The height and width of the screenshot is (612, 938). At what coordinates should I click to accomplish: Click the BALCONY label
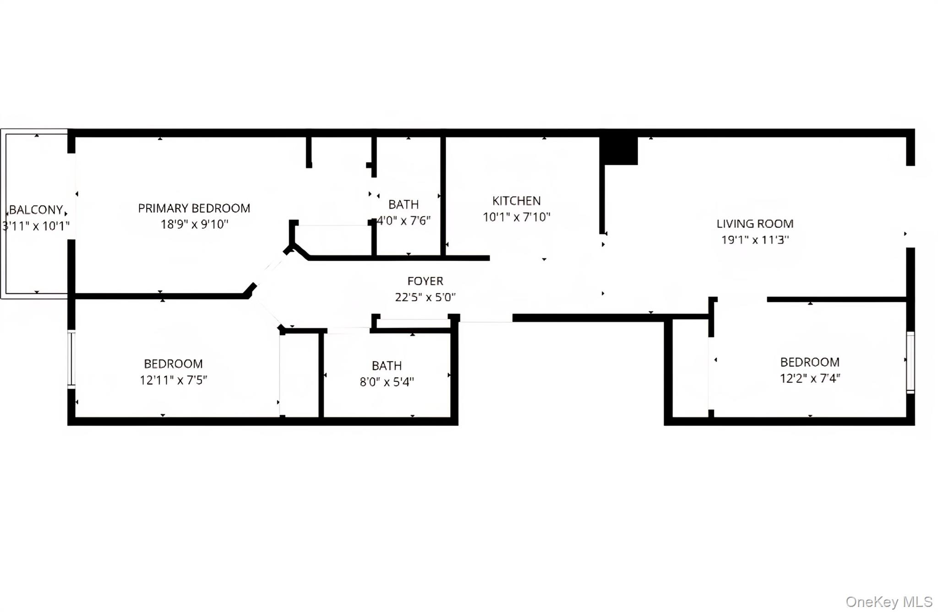tap(36, 210)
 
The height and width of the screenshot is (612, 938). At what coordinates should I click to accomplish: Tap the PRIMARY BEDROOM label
tap(194, 208)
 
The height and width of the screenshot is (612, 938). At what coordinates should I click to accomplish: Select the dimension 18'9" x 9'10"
tap(194, 224)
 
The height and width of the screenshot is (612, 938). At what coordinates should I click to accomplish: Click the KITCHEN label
tap(516, 201)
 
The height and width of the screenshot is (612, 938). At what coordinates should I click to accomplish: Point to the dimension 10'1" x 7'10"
tap(516, 217)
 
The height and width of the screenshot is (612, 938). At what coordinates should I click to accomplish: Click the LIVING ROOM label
tap(755, 224)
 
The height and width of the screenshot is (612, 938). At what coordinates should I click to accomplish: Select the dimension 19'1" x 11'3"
tap(755, 240)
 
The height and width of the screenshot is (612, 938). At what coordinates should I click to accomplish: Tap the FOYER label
tap(425, 281)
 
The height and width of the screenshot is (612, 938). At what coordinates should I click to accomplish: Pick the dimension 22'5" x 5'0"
tap(425, 297)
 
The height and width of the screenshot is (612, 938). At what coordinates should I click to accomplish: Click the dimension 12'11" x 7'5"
tap(173, 380)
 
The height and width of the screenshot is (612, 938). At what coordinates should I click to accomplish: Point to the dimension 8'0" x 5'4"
tap(387, 382)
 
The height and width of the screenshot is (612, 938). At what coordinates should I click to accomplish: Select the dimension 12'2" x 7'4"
tap(810, 378)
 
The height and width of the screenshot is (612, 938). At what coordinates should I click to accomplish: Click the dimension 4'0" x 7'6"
tap(404, 221)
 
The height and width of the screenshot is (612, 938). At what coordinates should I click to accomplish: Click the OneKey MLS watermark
tap(889, 601)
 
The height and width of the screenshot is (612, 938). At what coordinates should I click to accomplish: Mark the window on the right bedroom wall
tap(911, 362)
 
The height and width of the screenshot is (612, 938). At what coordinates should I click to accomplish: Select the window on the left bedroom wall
tap(71, 359)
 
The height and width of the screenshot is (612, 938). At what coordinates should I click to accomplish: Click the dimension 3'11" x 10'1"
tap(36, 226)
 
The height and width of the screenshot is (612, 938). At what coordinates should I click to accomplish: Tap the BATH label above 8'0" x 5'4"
tap(387, 366)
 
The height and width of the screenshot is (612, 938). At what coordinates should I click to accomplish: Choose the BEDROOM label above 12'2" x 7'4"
tap(810, 362)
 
